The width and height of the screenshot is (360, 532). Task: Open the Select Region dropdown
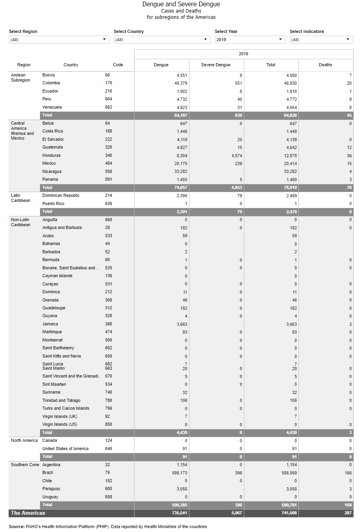click(x=59, y=40)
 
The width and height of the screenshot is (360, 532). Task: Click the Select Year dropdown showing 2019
click(x=249, y=40)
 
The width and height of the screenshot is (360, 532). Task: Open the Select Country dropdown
click(x=162, y=40)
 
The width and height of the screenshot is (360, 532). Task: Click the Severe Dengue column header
click(x=216, y=65)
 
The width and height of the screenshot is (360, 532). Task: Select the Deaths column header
click(x=325, y=65)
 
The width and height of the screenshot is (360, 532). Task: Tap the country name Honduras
click(x=51, y=156)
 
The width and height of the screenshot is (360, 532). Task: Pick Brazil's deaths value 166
click(x=348, y=473)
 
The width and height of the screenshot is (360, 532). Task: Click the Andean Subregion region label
click(x=20, y=78)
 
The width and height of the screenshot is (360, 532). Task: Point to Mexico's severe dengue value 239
click(x=238, y=164)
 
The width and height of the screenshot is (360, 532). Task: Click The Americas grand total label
click(x=28, y=513)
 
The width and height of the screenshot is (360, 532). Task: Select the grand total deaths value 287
click(x=348, y=513)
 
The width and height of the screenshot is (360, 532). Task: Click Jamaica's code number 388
click(x=109, y=324)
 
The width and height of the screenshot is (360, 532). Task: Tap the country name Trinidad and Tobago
click(x=61, y=401)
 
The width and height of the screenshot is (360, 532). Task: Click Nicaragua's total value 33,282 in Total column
click(x=290, y=172)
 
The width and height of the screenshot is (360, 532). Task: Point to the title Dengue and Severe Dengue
click(x=181, y=4)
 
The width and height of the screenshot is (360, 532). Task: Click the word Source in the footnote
click(x=16, y=527)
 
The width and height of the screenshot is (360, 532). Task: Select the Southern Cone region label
click(x=25, y=465)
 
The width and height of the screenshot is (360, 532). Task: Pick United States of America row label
click(x=65, y=449)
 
